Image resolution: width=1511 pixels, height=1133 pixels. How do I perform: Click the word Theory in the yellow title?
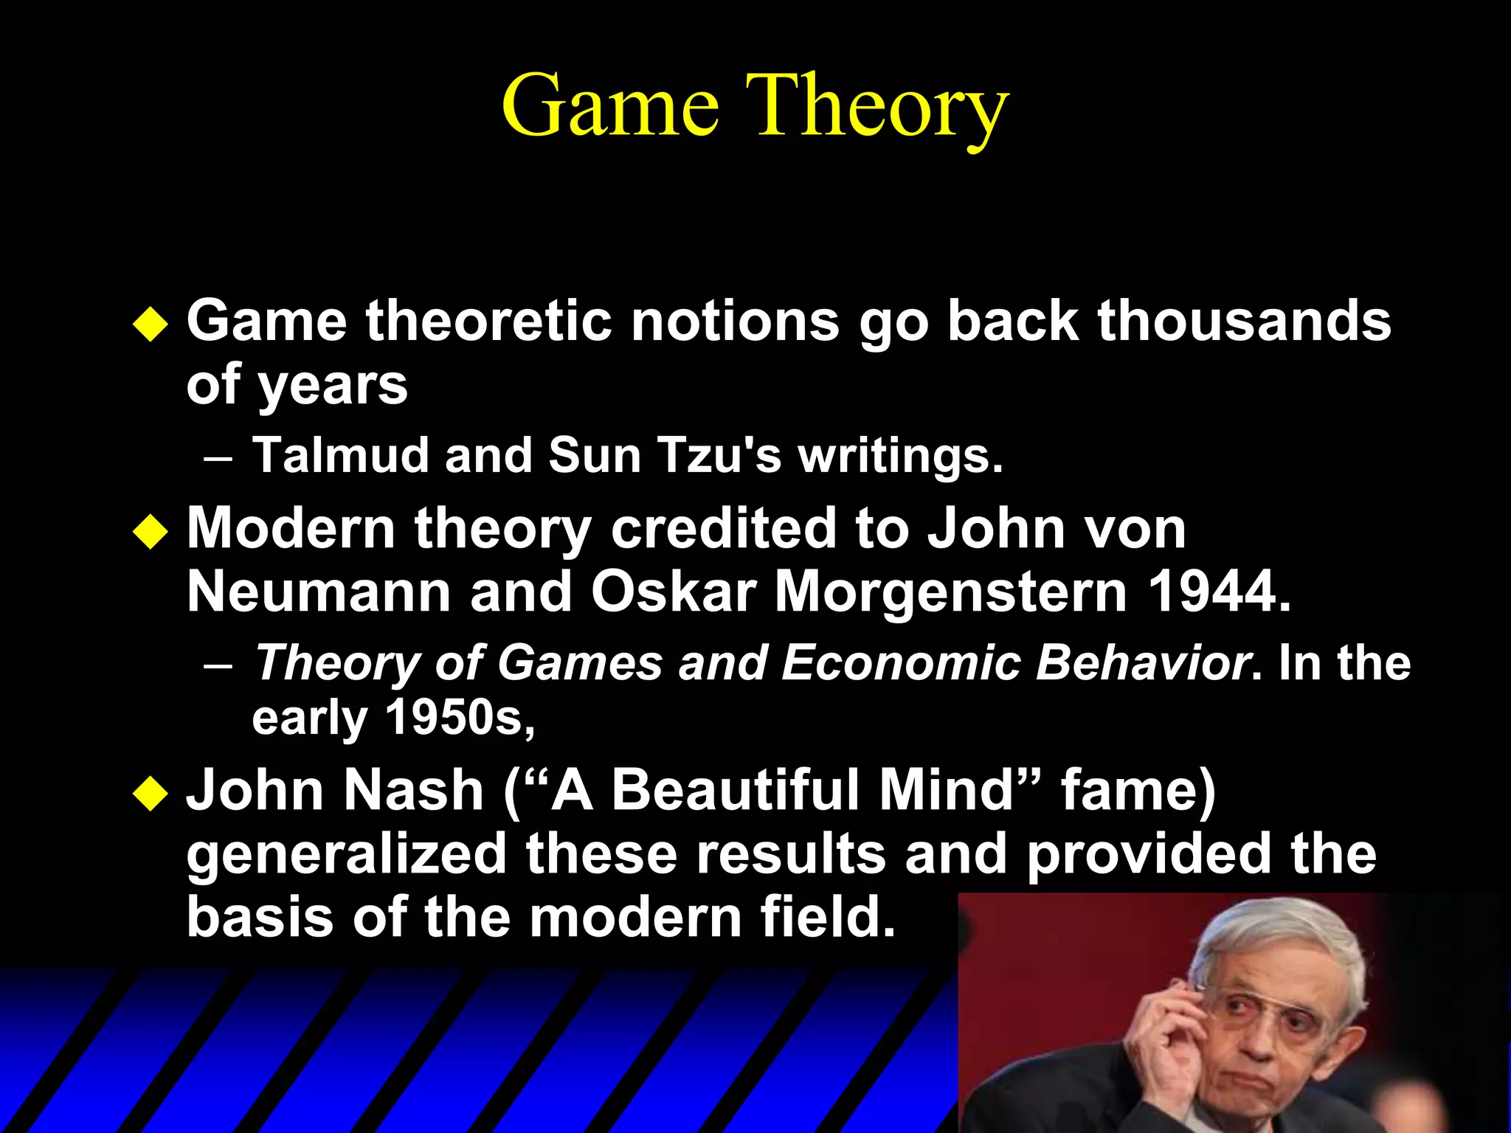click(876, 107)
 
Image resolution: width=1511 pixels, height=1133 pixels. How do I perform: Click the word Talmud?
click(340, 455)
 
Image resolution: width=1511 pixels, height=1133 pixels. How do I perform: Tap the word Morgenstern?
click(950, 593)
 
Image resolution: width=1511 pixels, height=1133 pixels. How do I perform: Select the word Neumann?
click(319, 592)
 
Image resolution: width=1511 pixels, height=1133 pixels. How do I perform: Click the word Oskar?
click(673, 592)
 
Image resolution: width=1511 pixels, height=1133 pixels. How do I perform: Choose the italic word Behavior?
click(1143, 662)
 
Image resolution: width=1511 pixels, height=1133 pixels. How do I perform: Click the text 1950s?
click(459, 718)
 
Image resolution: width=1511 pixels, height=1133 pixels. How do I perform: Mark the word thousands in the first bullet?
click(1244, 322)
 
